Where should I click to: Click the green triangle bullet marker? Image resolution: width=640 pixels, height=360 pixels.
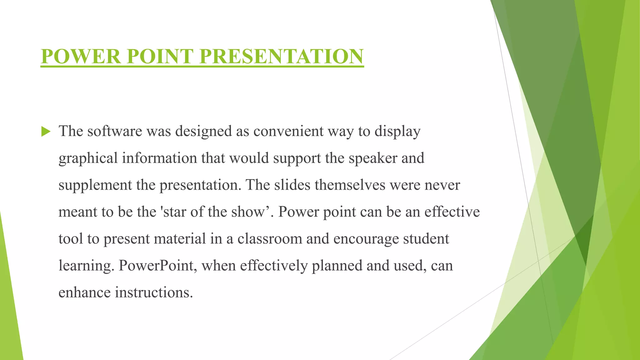click(46, 132)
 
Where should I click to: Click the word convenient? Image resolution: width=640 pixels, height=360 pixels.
click(288, 131)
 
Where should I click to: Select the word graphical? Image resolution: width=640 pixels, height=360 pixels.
click(88, 158)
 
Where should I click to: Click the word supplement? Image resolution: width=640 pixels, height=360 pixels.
click(95, 185)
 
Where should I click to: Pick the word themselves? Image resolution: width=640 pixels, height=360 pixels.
click(350, 185)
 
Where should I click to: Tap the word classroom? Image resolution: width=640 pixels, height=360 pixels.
click(270, 239)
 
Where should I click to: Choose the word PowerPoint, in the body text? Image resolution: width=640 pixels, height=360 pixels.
click(157, 266)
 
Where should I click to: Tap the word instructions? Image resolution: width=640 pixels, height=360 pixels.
click(154, 292)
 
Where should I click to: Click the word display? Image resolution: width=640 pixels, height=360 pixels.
click(397, 132)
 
